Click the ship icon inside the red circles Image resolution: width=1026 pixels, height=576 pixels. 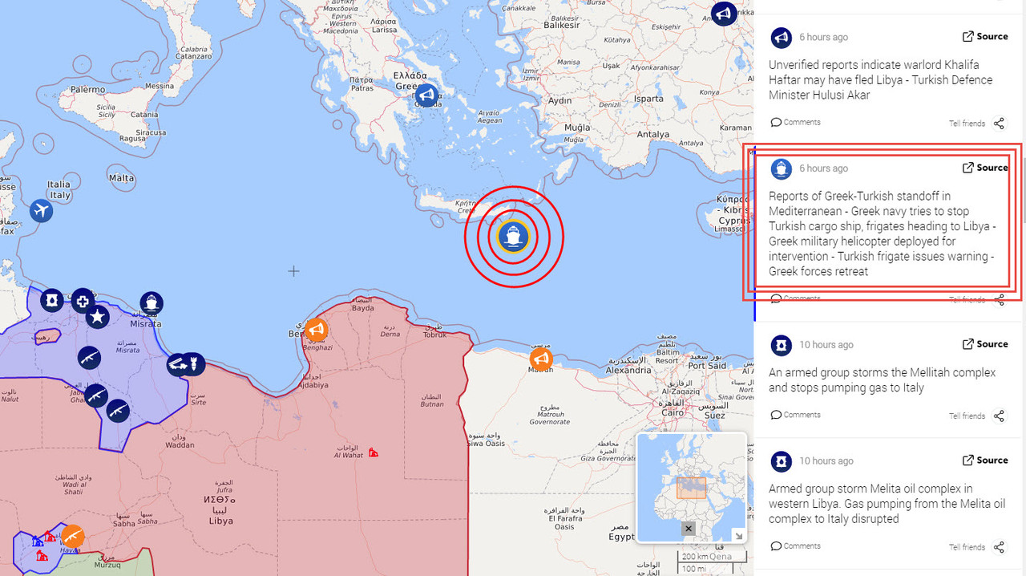513,237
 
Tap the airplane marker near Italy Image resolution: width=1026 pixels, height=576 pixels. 41,211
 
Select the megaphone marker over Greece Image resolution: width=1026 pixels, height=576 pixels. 426,96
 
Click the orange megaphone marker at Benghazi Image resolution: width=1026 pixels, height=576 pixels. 316,330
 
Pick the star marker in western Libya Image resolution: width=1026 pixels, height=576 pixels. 97,317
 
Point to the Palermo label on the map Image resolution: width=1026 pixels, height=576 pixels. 87,90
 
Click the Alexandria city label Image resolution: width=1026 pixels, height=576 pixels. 628,371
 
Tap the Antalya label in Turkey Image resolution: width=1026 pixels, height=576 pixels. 652,135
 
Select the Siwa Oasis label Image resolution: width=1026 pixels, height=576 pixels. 487,443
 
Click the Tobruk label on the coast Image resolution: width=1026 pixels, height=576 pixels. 435,335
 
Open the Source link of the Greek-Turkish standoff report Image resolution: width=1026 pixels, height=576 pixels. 985,168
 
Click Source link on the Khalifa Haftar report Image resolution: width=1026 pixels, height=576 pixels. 985,36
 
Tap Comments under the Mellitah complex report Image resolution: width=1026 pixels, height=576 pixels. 796,415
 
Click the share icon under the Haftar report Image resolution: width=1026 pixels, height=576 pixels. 999,124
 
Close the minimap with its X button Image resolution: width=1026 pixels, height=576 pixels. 689,529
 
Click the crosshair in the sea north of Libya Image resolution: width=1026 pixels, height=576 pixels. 293,271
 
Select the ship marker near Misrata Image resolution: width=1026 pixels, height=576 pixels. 151,303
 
